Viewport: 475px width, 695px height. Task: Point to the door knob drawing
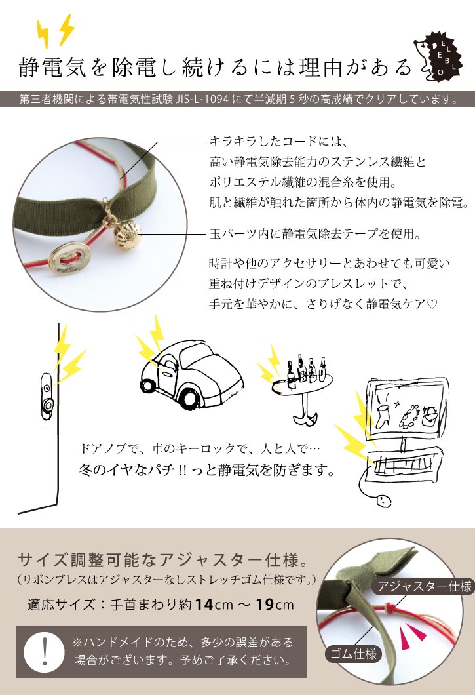point(47,396)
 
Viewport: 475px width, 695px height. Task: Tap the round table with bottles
point(303,389)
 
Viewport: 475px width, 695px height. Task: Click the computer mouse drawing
point(383,501)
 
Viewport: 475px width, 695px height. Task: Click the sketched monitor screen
point(407,408)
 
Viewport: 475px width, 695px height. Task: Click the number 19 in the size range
point(265,605)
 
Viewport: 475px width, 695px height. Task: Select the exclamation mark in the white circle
point(45,651)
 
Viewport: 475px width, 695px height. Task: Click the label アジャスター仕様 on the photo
point(425,586)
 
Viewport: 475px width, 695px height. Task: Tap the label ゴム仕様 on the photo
point(354,654)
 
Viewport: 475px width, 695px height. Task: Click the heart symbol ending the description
point(432,304)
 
